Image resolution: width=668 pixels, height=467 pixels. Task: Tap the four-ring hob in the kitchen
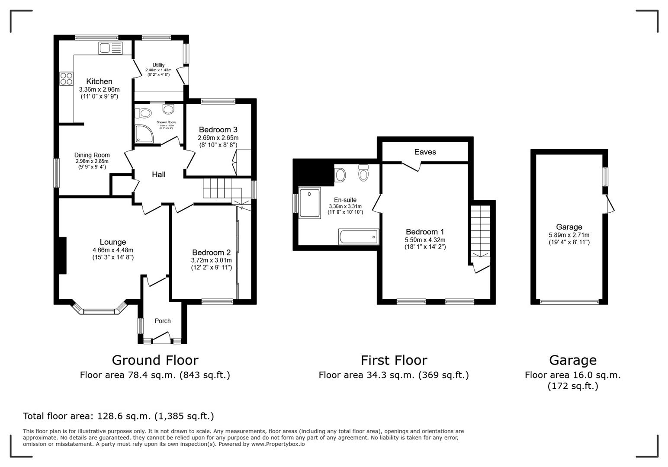[66, 78]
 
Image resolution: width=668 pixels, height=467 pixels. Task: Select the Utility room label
[158, 65]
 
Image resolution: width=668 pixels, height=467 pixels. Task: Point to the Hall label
[158, 175]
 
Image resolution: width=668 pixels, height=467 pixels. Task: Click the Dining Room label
[92, 155]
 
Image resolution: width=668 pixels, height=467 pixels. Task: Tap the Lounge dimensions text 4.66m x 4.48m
[113, 250]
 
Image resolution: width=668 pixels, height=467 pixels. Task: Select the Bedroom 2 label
[212, 253]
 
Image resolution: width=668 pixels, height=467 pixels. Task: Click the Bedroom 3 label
[218, 130]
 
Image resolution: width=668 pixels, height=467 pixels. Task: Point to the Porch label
[163, 321]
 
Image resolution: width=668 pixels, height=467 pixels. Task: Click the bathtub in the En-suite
[358, 237]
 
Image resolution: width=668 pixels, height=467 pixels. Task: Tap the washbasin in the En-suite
[340, 175]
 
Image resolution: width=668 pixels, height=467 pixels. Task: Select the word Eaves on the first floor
[425, 152]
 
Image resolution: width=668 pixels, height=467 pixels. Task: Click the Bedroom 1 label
[425, 232]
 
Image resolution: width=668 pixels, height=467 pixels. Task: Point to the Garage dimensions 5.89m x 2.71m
[569, 235]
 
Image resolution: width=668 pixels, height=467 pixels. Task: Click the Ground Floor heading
[155, 360]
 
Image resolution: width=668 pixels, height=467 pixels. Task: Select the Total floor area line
[118, 416]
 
